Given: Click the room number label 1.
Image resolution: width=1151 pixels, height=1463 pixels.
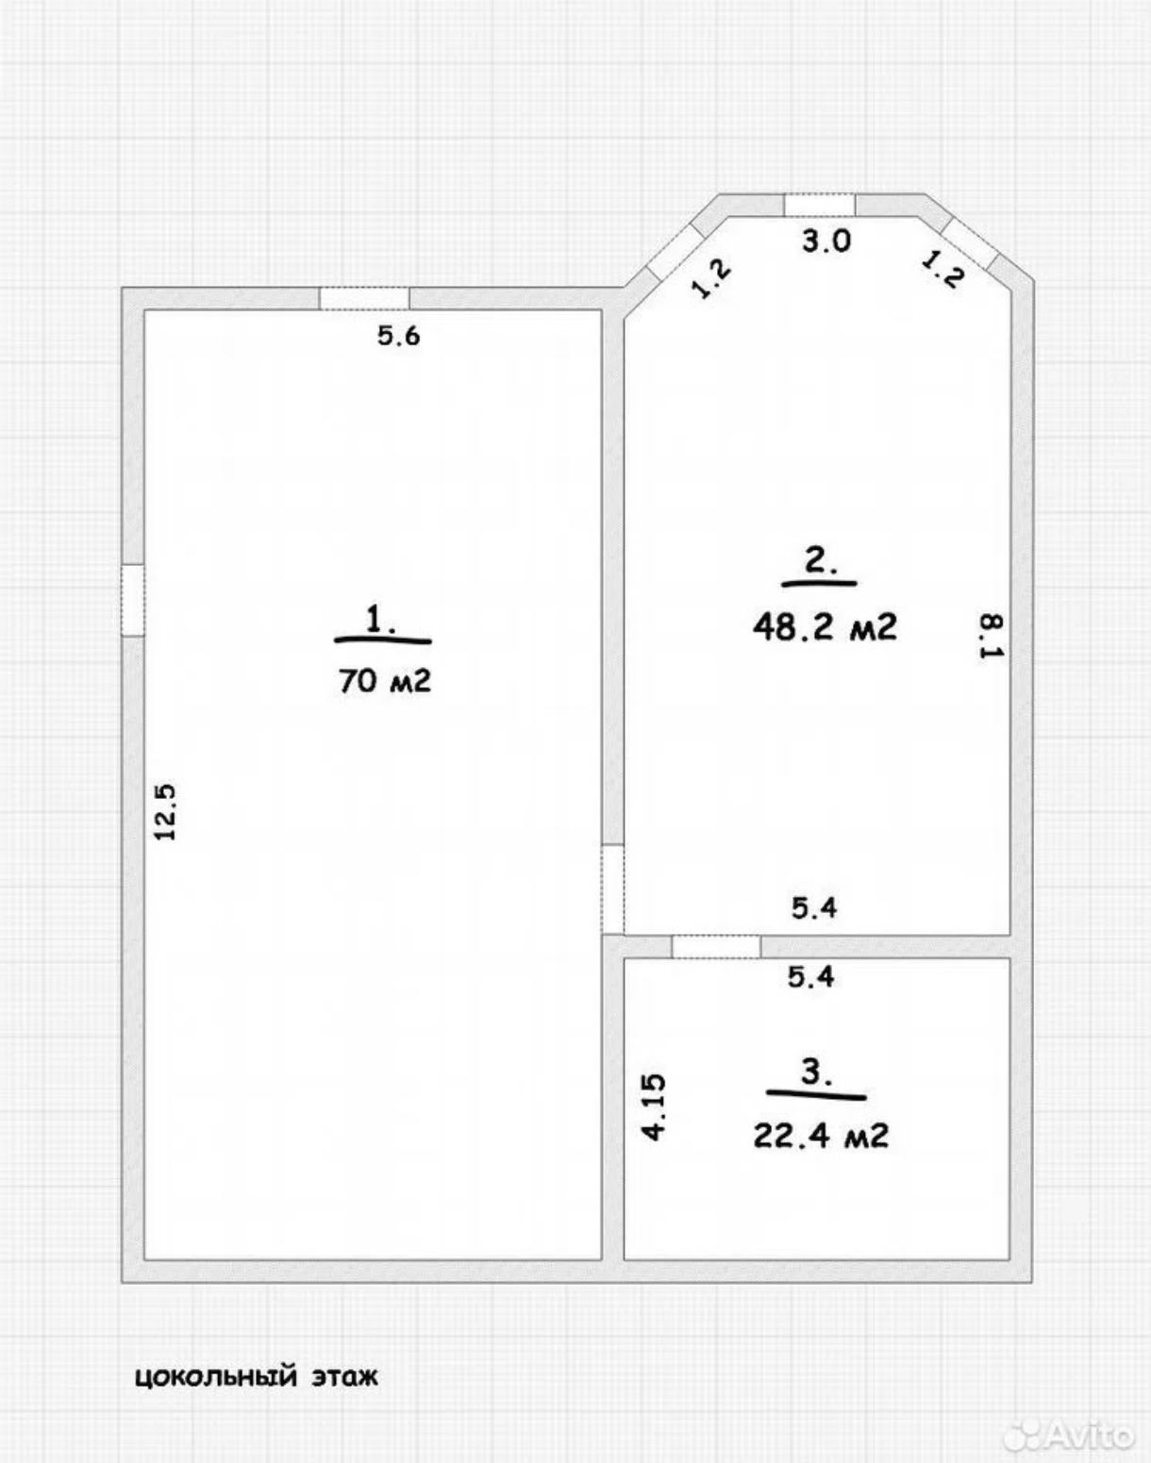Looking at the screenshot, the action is pyautogui.click(x=381, y=620).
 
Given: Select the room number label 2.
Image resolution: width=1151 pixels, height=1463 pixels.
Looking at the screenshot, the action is pyautogui.click(x=820, y=561).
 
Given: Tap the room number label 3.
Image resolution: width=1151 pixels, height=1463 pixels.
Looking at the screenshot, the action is pyautogui.click(x=816, y=1072).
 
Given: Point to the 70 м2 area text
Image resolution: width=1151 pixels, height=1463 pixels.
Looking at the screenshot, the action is pyautogui.click(x=385, y=680).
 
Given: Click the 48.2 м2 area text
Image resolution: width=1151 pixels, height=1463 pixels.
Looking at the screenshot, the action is pyautogui.click(x=825, y=626).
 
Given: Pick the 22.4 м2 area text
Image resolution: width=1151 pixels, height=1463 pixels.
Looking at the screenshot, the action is pyautogui.click(x=821, y=1136).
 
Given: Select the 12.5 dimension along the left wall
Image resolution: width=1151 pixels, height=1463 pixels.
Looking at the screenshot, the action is pyautogui.click(x=165, y=812).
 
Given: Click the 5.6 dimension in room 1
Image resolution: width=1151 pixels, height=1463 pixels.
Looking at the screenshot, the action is pyautogui.click(x=399, y=335).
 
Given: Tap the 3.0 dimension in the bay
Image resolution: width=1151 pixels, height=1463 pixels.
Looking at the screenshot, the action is pyautogui.click(x=826, y=241).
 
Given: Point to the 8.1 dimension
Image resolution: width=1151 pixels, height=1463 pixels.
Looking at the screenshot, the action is pyautogui.click(x=992, y=637).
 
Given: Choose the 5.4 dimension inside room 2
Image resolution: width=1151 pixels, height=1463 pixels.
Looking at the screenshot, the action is pyautogui.click(x=814, y=906).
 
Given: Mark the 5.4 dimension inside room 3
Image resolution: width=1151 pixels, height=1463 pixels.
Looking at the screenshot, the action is pyautogui.click(x=810, y=976).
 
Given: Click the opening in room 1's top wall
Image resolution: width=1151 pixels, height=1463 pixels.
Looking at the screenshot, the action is pyautogui.click(x=364, y=299).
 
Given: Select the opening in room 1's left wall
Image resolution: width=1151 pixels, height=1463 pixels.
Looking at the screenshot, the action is pyautogui.click(x=133, y=600).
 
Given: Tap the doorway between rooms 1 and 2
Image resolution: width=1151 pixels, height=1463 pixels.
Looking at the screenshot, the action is pyautogui.click(x=612, y=889).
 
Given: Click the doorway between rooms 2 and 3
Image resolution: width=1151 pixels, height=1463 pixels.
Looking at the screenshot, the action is pyautogui.click(x=716, y=946).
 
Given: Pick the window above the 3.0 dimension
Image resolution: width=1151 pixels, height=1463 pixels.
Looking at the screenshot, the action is pyautogui.click(x=820, y=206).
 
